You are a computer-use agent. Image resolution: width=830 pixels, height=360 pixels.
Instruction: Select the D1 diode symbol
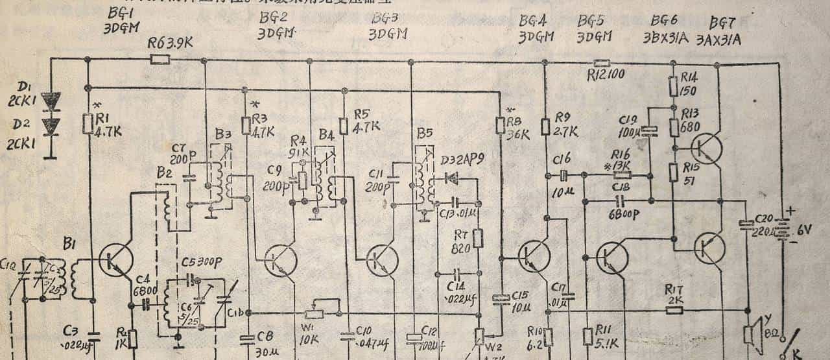click(50, 101)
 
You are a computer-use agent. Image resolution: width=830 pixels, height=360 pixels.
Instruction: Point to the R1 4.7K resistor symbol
click(88, 123)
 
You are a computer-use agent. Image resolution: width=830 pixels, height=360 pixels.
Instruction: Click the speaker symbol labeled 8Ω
click(749, 334)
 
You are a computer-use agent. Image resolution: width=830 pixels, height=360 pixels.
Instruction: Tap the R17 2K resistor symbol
click(675, 309)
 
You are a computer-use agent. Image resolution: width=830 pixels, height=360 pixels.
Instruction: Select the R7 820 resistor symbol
click(478, 238)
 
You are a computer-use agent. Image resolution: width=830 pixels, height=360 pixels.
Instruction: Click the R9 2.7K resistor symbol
click(544, 125)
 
